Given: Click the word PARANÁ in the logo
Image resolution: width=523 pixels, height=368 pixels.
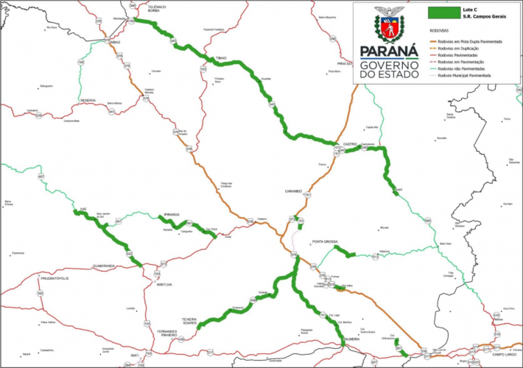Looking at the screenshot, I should tap(389, 52).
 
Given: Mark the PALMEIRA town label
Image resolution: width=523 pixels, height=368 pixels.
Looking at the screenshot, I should tap(351, 340).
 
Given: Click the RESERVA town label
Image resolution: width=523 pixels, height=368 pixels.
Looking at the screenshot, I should tap(88, 100).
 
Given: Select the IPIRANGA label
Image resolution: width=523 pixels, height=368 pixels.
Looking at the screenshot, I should tap(172, 215).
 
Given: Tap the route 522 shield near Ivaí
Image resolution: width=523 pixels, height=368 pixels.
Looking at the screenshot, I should tap(130, 255).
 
